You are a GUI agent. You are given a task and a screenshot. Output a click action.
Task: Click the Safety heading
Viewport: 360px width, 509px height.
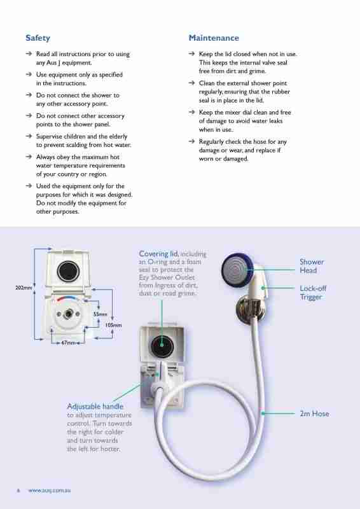38,38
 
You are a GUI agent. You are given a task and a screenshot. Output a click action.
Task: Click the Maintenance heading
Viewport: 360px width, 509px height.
214,38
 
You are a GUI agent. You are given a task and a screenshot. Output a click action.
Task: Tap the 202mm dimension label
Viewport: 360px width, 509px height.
24,288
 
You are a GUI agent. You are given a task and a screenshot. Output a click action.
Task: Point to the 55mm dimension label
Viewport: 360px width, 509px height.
100,314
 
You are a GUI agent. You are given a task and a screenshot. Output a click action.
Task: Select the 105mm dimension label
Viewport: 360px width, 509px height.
113,325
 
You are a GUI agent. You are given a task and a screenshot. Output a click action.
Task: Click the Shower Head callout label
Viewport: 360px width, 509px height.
312,266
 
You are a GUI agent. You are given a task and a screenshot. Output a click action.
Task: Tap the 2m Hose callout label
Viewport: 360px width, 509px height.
314,414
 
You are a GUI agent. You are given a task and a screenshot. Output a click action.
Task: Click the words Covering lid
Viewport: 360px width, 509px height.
158,254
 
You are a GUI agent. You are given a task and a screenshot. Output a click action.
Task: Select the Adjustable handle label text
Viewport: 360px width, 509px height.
95,406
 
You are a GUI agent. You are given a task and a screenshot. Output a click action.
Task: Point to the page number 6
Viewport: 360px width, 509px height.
18,491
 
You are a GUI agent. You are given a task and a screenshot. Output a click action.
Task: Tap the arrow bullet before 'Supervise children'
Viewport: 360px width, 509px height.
29,136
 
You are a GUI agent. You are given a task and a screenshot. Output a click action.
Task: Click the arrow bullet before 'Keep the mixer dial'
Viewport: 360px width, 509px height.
192,112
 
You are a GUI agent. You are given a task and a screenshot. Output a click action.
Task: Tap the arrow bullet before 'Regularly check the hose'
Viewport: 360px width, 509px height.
192,141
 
